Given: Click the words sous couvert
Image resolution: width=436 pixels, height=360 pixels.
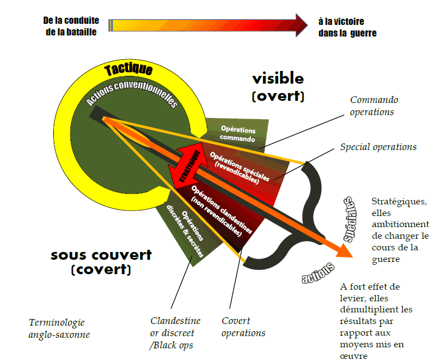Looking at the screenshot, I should pos(101,255).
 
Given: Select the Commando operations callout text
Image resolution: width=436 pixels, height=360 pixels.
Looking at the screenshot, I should pos(373,106).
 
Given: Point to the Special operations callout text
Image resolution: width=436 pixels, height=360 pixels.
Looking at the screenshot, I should pos(378,147).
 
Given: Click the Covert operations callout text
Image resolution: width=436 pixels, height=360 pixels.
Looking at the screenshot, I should pos(243,327).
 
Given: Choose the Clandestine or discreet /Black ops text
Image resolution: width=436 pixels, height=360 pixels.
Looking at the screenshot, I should pos(175,332).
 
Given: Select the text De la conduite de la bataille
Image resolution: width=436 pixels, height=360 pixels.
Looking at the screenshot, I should pos(71,26).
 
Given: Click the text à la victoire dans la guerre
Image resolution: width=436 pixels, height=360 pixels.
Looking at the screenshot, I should pos(347,27).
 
